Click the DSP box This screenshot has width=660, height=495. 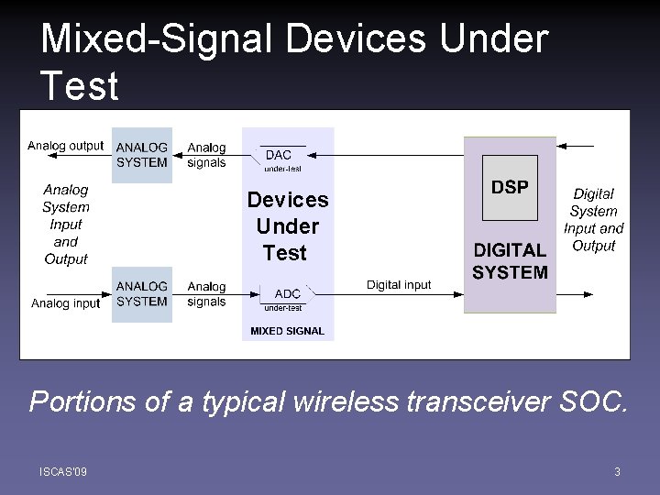tap(510, 188)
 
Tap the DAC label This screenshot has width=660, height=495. tap(278, 155)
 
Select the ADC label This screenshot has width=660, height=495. tap(287, 293)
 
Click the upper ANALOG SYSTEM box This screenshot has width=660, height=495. tap(142, 155)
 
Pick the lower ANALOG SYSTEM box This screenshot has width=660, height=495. tap(142, 294)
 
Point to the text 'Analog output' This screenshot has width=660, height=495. tap(66, 146)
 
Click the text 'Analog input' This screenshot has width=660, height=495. tap(66, 303)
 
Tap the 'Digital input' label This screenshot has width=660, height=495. tap(399, 285)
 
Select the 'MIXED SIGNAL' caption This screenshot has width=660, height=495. tap(287, 331)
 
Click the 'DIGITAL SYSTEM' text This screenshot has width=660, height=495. tap(510, 261)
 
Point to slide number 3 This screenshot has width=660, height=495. tap(617, 472)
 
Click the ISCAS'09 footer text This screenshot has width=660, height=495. tap(63, 472)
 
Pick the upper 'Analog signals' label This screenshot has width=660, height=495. tap(206, 155)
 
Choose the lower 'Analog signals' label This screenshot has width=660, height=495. tap(206, 294)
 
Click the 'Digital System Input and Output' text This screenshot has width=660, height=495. tap(593, 220)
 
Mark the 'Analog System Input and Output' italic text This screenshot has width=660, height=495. tap(66, 225)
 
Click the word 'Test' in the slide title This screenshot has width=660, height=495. tap(80, 86)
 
